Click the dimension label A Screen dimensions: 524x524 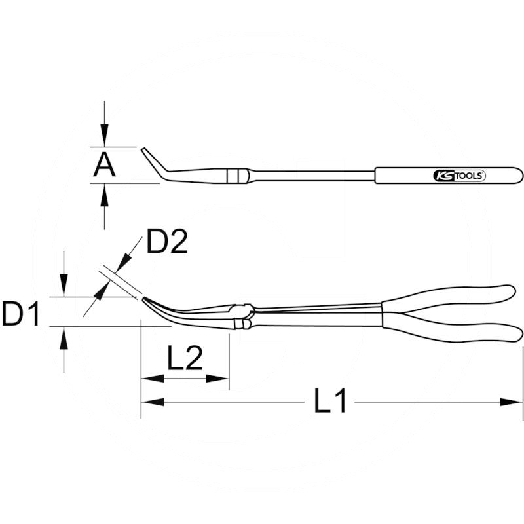(104, 164)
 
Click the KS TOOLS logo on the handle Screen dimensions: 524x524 (458, 176)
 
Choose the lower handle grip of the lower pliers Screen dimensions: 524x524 (452, 328)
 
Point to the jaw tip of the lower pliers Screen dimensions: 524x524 (145, 300)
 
